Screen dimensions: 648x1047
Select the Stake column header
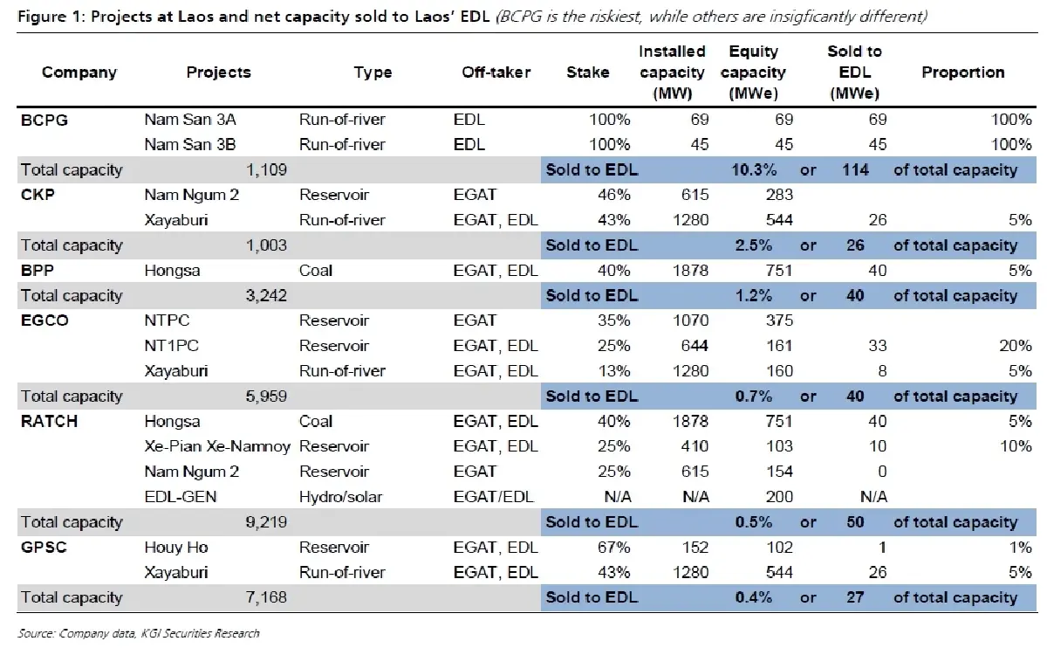[x=588, y=72]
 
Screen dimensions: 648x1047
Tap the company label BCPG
[x=44, y=120]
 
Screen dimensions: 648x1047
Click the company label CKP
[x=38, y=195]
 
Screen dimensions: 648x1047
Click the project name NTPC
[x=166, y=321]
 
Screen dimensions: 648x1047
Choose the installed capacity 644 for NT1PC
[x=690, y=346]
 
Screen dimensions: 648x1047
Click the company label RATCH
[x=49, y=421]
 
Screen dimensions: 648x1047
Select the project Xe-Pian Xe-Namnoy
[x=217, y=446]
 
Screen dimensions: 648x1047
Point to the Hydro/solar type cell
[x=342, y=497]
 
